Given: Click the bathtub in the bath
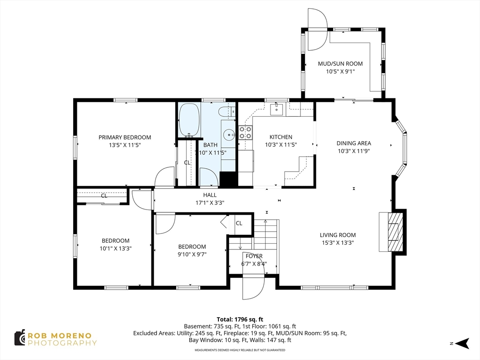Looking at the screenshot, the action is point(189,120).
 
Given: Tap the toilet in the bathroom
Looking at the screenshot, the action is point(227,112).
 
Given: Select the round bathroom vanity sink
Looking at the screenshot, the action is point(229,135).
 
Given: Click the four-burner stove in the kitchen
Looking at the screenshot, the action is point(245,133).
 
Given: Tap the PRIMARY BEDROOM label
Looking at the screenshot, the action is point(125,137).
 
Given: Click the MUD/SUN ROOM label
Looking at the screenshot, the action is point(340,64).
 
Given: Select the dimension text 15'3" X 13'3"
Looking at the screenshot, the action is point(337,243).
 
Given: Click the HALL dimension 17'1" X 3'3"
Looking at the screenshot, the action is point(210,202).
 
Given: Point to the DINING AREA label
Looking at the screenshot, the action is point(354,143).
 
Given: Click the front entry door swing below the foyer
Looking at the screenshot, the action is point(253,288).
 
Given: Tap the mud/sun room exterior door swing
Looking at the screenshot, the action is point(318,30).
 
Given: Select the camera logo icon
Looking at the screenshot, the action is point(20,338).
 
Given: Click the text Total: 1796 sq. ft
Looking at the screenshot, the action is point(240,320).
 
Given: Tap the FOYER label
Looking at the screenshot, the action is point(254,256).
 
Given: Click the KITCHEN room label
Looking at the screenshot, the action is point(281,137).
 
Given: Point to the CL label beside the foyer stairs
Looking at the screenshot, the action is point(239,224).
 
